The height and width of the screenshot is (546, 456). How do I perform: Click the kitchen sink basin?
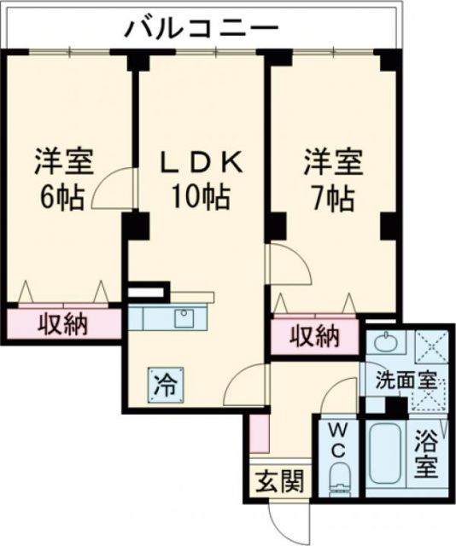coord(184,319)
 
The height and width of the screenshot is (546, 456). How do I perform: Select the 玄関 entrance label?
coord(281,482)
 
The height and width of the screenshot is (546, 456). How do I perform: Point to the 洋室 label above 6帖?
coord(64,160)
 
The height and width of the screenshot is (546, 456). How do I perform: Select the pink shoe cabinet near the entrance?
coord(260,436)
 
